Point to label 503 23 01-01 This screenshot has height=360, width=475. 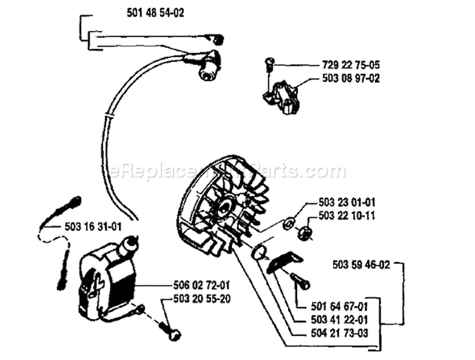click(346, 202)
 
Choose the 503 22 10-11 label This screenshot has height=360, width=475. click(346, 215)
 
